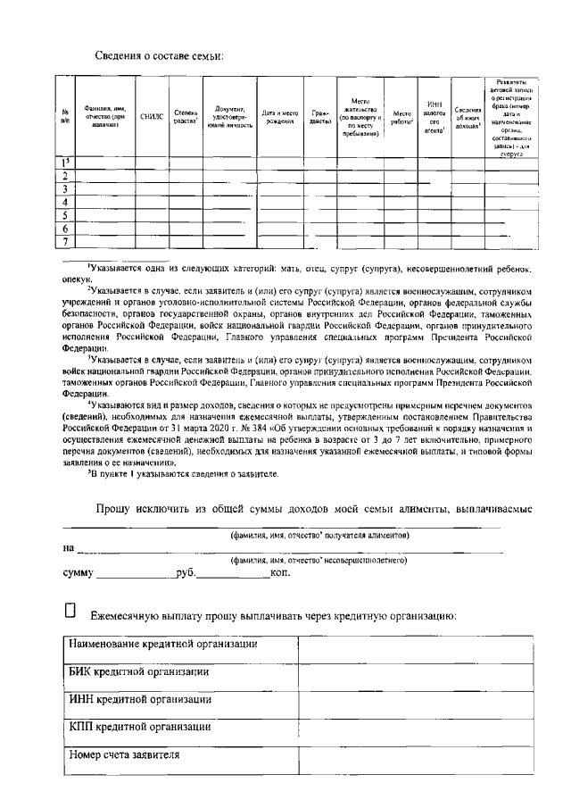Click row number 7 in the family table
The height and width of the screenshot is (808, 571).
point(65,241)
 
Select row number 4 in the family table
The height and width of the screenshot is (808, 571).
point(65,203)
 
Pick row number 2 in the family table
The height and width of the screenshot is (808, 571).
point(65,177)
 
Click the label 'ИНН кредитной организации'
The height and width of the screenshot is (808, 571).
point(140,699)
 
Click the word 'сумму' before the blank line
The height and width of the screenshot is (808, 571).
point(79,571)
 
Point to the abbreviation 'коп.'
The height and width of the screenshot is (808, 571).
point(280,571)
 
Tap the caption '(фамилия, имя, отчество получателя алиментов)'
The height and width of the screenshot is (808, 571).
point(319,535)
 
